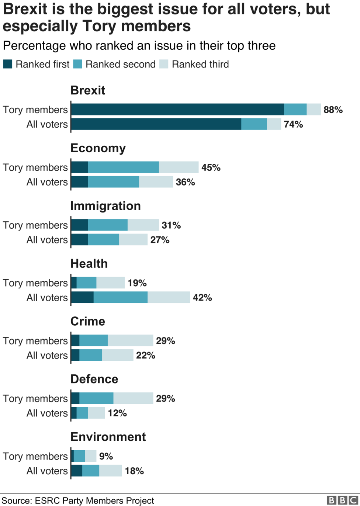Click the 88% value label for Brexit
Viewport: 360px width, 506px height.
pyautogui.click(x=333, y=110)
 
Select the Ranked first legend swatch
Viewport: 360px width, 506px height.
pyautogui.click(x=8, y=64)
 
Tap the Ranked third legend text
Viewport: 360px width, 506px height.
pyautogui.click(x=200, y=64)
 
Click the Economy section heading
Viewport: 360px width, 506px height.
pyautogui.click(x=98, y=148)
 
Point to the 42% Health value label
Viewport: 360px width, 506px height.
pyautogui.click(x=202, y=298)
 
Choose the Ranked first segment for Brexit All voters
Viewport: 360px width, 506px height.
pyautogui.click(x=156, y=124)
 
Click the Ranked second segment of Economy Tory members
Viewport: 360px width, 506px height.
pyautogui.click(x=123, y=167)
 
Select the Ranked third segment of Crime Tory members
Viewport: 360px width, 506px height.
pyautogui.click(x=130, y=341)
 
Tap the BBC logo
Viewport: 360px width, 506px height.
pyautogui.click(x=343, y=500)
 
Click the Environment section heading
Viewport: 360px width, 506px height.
pyautogui.click(x=108, y=437)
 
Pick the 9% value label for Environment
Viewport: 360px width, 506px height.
pyautogui.click(x=106, y=457)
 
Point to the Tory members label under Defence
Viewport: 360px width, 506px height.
pyautogui.click(x=35, y=399)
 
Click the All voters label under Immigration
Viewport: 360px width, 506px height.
pyautogui.click(x=47, y=240)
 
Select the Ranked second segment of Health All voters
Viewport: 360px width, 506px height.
pyautogui.click(x=120, y=298)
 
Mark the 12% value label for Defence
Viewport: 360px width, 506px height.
pyautogui.click(x=117, y=413)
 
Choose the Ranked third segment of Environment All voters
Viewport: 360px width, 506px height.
pyautogui.click(x=110, y=471)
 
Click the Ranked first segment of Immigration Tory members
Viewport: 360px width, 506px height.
pyautogui.click(x=79, y=225)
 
